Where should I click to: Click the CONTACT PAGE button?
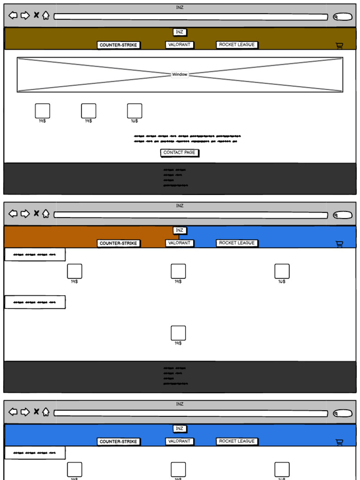(180, 153)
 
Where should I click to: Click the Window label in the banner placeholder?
(180, 75)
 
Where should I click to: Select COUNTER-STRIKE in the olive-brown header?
(119, 45)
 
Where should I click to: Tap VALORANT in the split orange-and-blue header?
(180, 243)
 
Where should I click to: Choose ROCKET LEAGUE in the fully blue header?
(237, 441)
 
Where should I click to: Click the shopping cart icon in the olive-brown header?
(339, 45)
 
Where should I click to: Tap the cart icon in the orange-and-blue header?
(339, 244)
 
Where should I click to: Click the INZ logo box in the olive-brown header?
(180, 32)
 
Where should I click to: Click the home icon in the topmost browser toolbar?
(45, 15)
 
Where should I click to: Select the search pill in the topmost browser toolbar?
(343, 17)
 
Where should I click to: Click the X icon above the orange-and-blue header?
(36, 214)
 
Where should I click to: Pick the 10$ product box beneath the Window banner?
(135, 111)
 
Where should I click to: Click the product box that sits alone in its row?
(178, 333)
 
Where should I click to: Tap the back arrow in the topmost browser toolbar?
(13, 15)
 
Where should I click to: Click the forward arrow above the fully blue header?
(25, 412)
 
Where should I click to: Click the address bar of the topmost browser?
(191, 17)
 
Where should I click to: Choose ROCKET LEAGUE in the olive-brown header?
(237, 45)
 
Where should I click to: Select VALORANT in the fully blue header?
(180, 441)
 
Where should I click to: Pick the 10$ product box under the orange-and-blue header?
(282, 271)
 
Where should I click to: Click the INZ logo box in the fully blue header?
(180, 429)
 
